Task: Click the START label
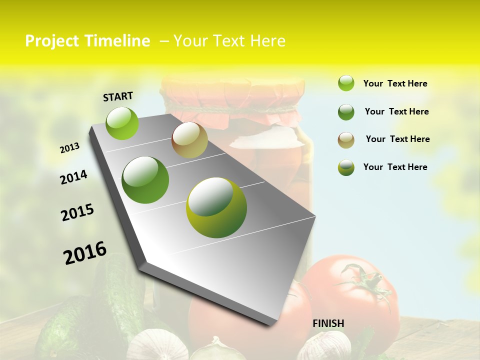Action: click(x=118, y=96)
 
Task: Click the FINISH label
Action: click(x=328, y=323)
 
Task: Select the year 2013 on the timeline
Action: click(x=69, y=148)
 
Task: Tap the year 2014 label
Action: click(x=73, y=177)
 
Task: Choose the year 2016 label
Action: click(x=85, y=253)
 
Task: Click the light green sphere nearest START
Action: click(x=122, y=123)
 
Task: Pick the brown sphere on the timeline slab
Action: click(x=189, y=140)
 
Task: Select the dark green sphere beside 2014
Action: click(x=145, y=180)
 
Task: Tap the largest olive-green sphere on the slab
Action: click(x=216, y=207)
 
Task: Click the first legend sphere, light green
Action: click(x=346, y=83)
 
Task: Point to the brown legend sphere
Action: click(x=346, y=140)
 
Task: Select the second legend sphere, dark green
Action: click(x=346, y=112)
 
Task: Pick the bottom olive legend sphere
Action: click(x=346, y=167)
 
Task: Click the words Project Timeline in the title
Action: click(x=87, y=41)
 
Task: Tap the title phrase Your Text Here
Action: click(x=229, y=41)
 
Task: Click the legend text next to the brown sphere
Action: click(x=397, y=139)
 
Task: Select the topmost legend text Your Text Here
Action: click(x=395, y=83)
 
